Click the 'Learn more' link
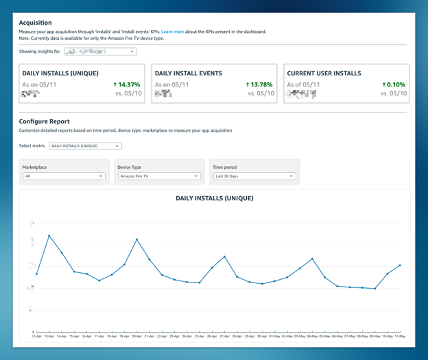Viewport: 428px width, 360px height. coord(173,32)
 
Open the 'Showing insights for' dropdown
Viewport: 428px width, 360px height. coord(100,51)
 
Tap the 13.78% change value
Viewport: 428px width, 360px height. coord(260,84)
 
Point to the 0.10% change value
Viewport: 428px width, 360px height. coord(394,84)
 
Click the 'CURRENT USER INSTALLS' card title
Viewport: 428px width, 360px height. coord(324,73)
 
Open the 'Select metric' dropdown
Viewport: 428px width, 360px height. coord(85,146)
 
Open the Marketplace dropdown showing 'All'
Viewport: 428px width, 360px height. coord(63,176)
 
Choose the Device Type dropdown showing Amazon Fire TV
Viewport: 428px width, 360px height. coord(158,176)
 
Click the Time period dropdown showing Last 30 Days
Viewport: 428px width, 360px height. coord(254,176)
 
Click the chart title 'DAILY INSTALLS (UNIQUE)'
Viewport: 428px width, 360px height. coord(214,198)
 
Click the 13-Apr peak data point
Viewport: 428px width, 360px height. coord(49,236)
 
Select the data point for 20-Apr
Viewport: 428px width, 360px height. coord(137,239)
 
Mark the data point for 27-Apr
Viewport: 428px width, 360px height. coord(225,256)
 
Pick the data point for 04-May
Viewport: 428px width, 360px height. coord(312,259)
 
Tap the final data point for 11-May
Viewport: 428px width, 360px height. coord(400,265)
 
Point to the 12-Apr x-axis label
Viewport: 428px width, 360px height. coord(37,337)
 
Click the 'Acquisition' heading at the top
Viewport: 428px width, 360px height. coord(36,23)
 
